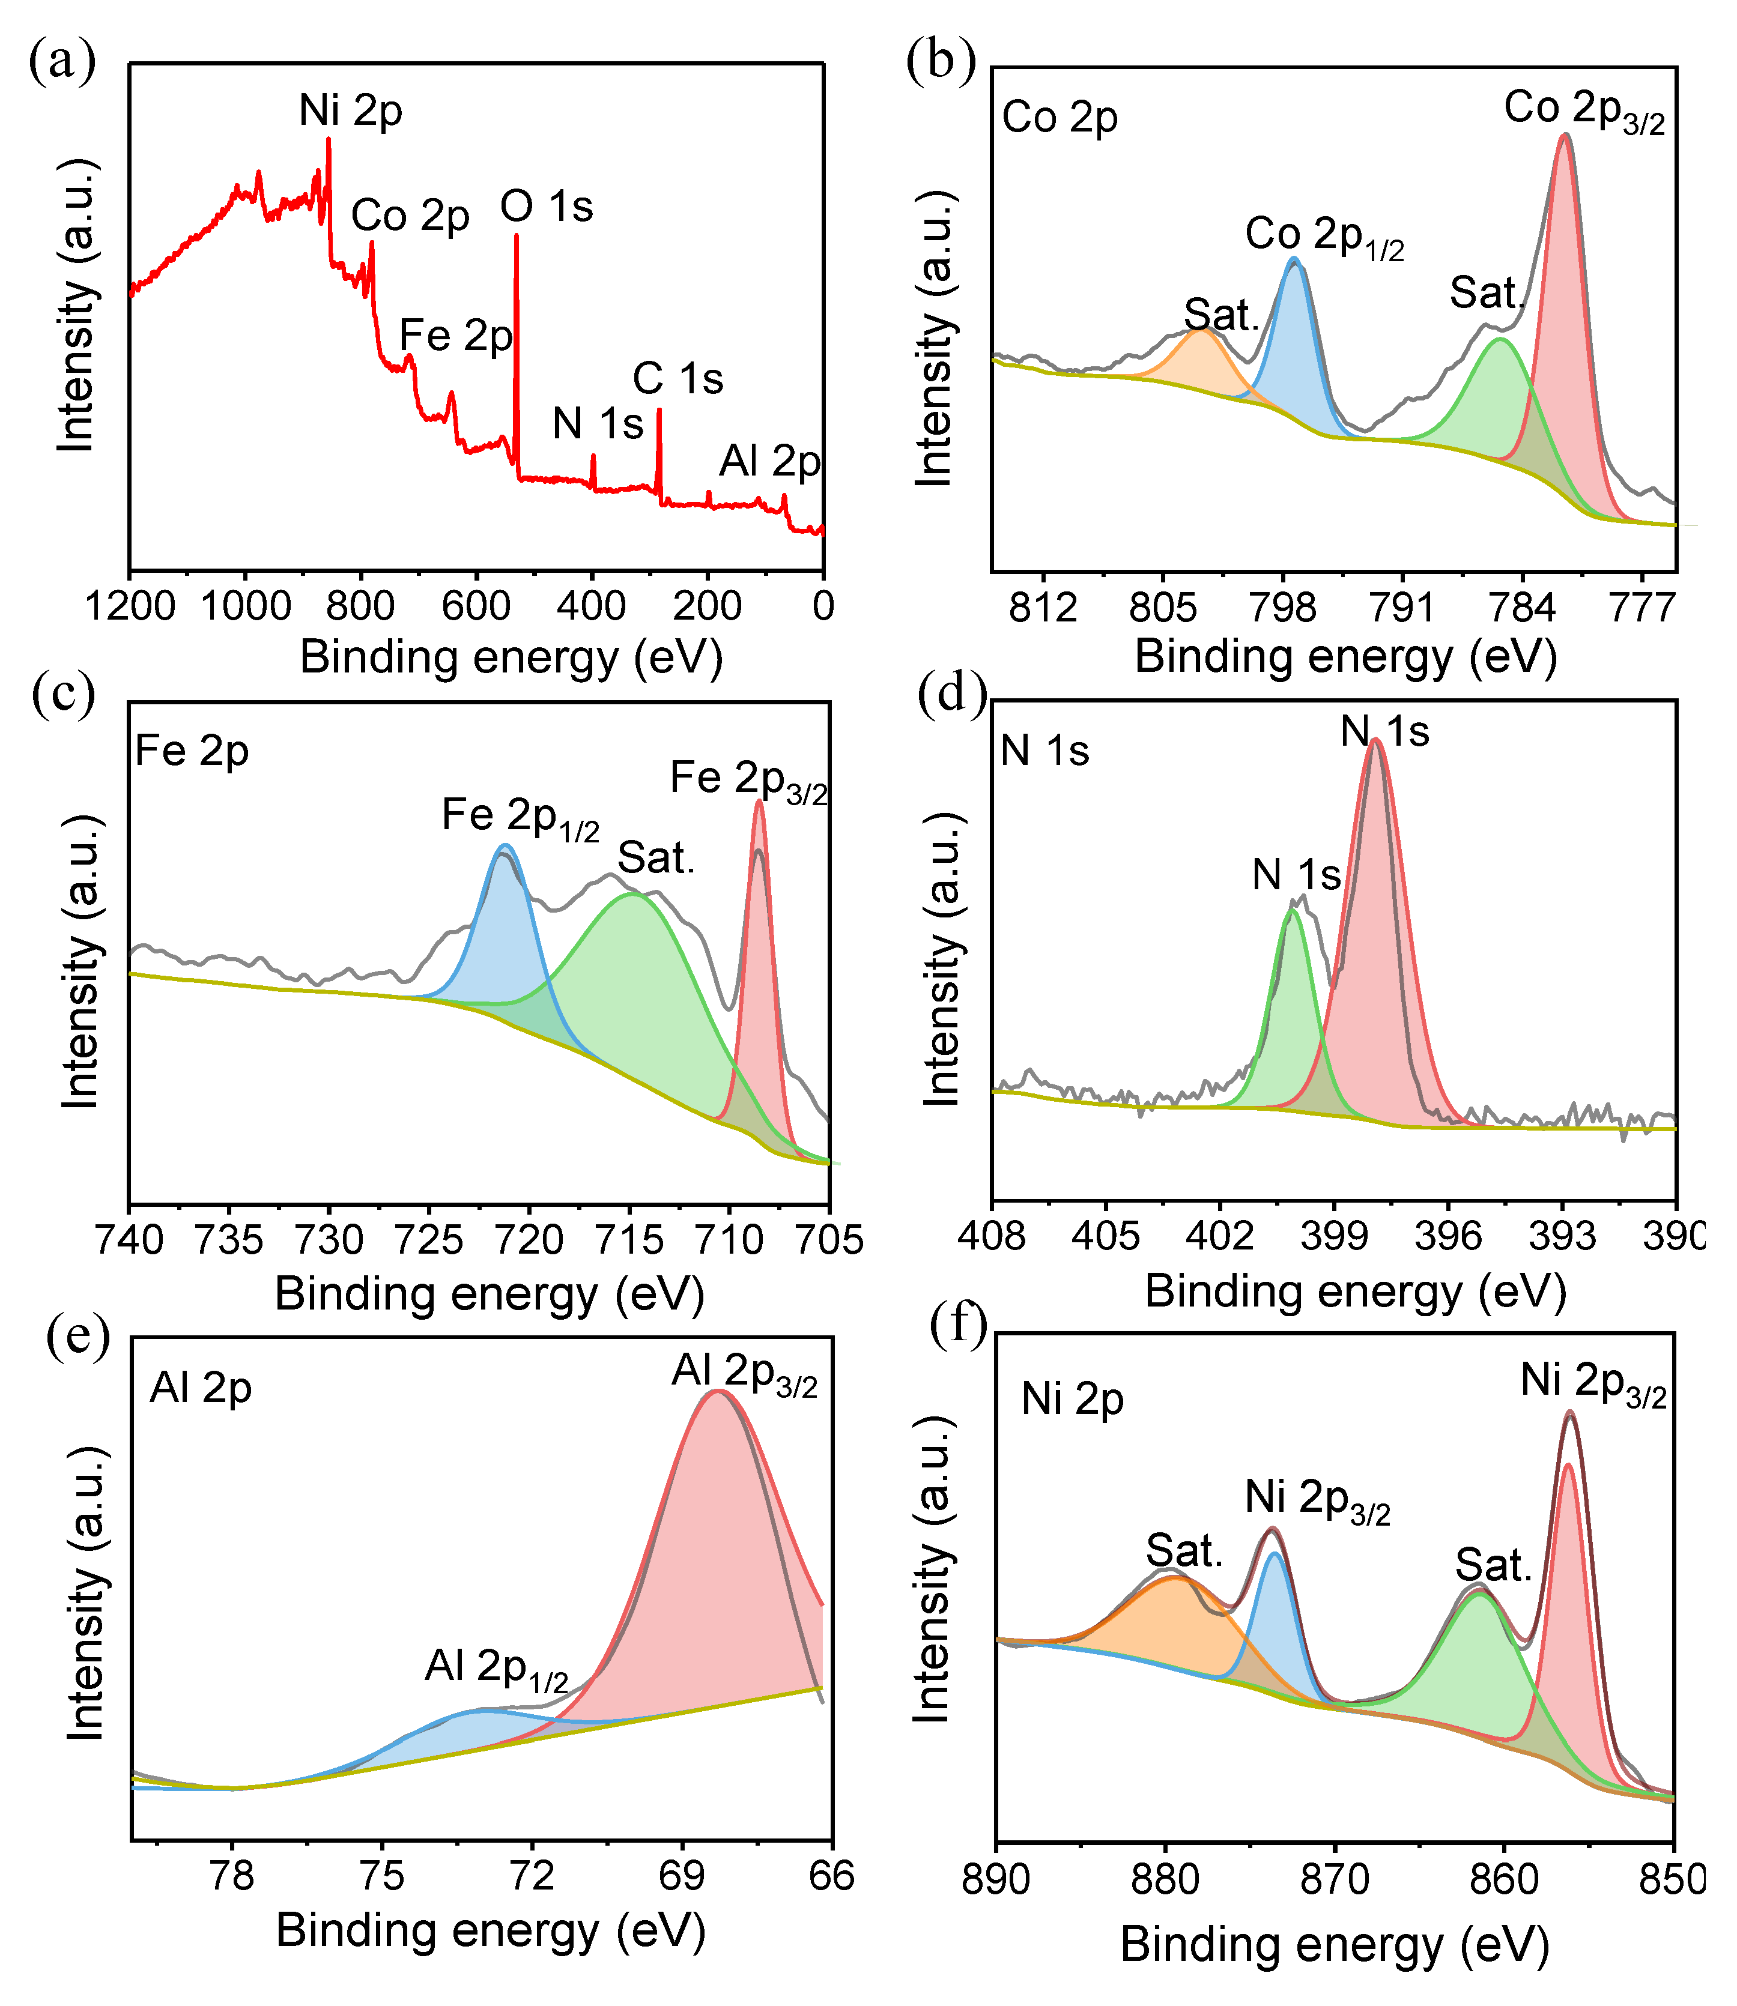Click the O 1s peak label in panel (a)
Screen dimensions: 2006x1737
click(546, 207)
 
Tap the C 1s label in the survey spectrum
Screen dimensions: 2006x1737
click(678, 379)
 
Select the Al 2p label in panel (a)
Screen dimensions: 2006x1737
click(769, 461)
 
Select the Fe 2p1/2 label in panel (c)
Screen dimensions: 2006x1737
click(521, 817)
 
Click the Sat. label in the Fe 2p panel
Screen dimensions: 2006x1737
click(656, 859)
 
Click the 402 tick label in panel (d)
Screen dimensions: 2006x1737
click(1219, 1236)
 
